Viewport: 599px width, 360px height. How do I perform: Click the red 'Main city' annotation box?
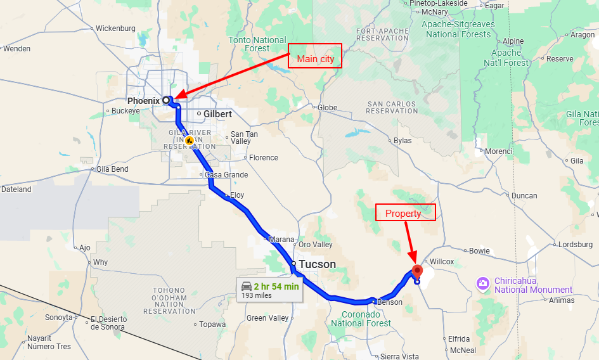coord(315,56)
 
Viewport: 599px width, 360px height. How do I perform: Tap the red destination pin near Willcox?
coord(417,271)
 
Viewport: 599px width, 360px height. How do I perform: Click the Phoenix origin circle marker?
coord(166,100)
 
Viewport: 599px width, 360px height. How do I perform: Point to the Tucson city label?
coord(317,264)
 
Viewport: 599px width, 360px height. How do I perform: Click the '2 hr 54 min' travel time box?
coord(269,290)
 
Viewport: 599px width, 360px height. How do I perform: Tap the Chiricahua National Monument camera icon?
coord(483,282)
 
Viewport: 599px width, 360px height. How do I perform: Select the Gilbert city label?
coord(217,114)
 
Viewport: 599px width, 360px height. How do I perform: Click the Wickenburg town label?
coord(115,29)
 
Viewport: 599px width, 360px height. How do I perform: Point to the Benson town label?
coord(389,302)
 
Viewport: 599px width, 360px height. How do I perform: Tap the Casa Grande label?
coord(226,175)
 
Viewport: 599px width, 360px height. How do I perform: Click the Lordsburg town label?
coord(575,244)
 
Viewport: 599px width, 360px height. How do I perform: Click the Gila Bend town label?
coord(112,169)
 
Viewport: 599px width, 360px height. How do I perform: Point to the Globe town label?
coord(327,108)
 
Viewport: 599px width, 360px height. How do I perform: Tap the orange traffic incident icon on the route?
coord(189,139)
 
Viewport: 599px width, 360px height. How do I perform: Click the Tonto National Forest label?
coord(257,44)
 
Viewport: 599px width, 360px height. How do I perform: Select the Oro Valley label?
coord(315,245)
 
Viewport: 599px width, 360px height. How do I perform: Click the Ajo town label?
coord(86,248)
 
